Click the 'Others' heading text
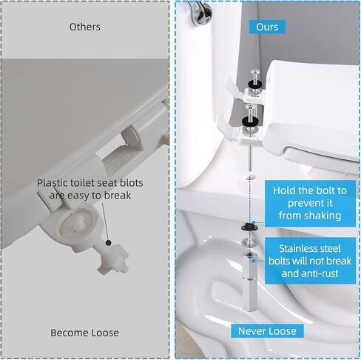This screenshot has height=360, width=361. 84,27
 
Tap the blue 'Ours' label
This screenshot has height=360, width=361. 267,27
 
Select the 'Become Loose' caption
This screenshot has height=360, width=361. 84,333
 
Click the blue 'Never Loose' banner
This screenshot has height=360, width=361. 267,331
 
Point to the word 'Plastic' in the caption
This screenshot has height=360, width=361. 53,183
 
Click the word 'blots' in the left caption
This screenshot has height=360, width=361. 131,183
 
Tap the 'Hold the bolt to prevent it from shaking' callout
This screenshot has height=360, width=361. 310,203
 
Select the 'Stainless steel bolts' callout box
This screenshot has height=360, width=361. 310,261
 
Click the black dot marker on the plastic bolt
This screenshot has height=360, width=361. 108,243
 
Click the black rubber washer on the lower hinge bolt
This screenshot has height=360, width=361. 250,121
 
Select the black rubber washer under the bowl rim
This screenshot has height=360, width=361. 249,226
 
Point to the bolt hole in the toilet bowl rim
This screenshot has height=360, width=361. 249,176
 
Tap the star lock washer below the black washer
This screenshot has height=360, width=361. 249,241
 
